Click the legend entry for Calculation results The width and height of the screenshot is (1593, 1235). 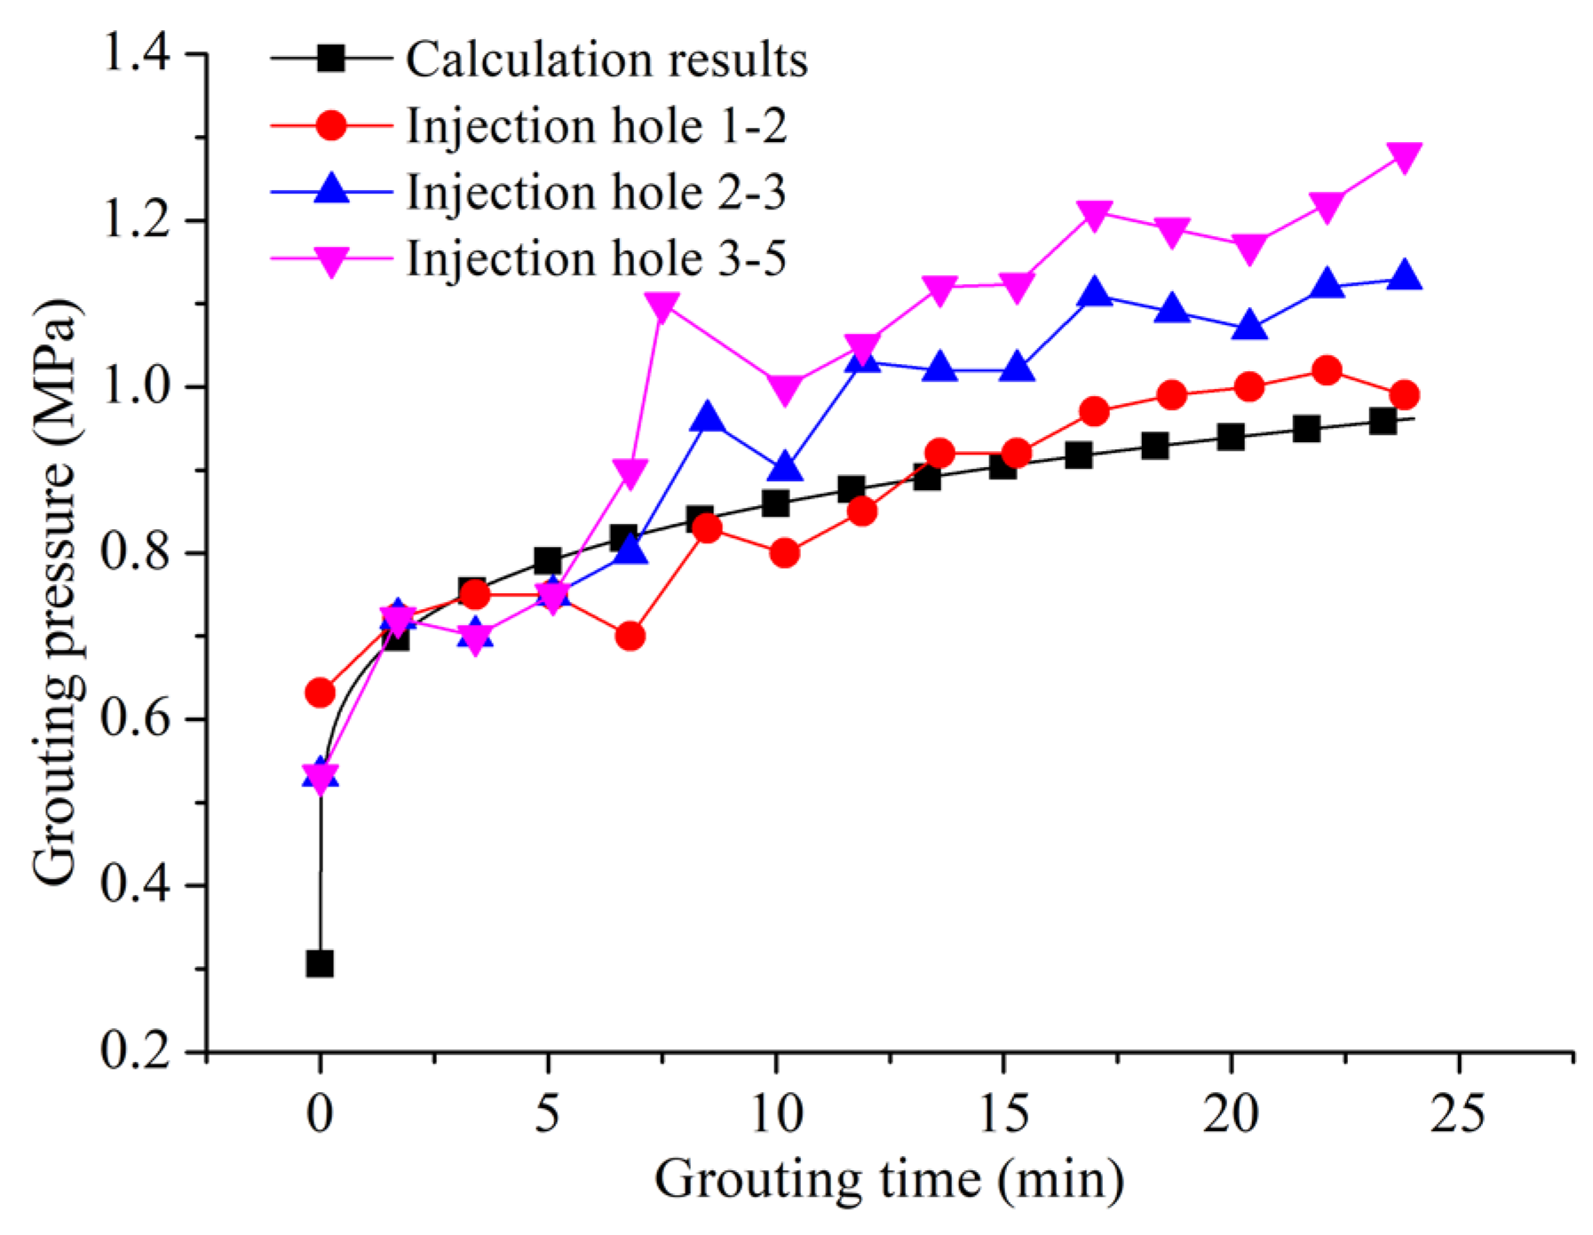click(606, 60)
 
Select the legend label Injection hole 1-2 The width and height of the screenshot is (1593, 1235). click(596, 126)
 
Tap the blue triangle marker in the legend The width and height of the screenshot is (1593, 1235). click(331, 190)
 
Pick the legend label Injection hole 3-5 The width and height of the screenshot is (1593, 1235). click(596, 258)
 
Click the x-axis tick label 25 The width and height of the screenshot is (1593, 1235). click(1457, 1112)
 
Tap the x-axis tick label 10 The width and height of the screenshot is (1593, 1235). click(775, 1112)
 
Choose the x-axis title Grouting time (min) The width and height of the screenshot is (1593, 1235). click(889, 1180)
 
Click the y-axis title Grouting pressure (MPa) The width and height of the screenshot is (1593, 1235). click(55, 592)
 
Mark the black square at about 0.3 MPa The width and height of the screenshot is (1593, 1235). click(320, 963)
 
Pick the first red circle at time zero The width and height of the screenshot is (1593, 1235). click(320, 693)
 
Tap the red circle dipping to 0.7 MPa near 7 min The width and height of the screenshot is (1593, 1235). click(630, 637)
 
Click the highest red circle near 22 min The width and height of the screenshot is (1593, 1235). click(1327, 370)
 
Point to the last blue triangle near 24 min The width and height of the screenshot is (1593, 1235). click(1404, 276)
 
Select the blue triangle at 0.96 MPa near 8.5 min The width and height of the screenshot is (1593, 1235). click(708, 417)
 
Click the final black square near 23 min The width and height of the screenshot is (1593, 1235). click(1383, 421)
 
